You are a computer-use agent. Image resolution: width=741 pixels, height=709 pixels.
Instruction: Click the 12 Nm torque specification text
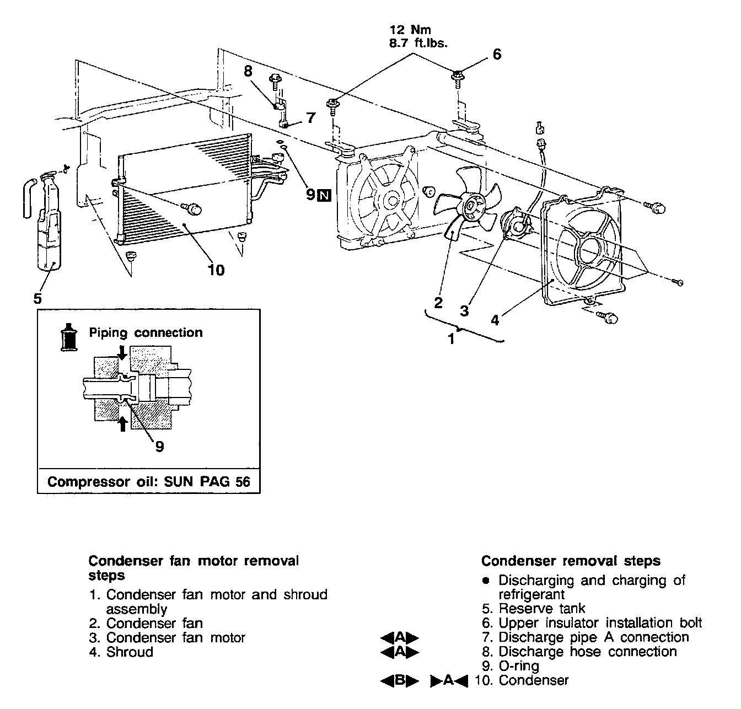(x=410, y=30)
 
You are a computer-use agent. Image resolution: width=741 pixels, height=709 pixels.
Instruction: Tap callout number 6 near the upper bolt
(x=497, y=54)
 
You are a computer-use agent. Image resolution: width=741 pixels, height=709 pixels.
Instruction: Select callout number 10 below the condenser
(x=216, y=270)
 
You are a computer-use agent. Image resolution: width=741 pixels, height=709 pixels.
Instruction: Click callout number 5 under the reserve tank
(x=37, y=298)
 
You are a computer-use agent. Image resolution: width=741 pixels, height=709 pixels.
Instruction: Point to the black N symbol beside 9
(x=325, y=195)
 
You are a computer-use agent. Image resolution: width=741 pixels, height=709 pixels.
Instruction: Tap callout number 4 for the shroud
(x=495, y=320)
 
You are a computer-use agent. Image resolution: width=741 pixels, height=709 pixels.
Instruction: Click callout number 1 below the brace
(x=452, y=339)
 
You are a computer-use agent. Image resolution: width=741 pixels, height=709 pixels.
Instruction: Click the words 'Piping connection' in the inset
(x=146, y=332)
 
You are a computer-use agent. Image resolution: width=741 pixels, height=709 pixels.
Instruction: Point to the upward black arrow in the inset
(x=123, y=423)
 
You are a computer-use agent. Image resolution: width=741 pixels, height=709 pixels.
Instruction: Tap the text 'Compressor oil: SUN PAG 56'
(x=148, y=481)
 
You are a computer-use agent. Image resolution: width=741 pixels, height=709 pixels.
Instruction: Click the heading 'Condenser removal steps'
(x=571, y=561)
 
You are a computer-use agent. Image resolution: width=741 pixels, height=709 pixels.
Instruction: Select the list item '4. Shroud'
(x=121, y=652)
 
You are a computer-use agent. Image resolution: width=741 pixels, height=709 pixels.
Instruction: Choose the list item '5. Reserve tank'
(x=533, y=609)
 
